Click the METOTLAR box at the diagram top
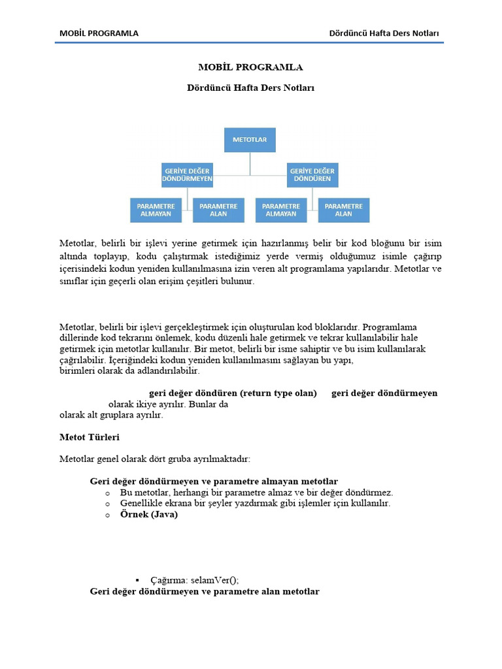(250, 140)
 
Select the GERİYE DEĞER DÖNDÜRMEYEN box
(187, 174)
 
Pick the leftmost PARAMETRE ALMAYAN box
(154, 209)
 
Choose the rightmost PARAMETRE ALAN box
(343, 209)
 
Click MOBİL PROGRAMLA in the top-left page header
(99, 33)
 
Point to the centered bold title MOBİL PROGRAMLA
(250, 67)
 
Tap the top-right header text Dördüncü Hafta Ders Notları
(384, 33)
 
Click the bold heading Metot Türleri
(90, 436)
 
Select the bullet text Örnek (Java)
(149, 515)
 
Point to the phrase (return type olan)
(278, 393)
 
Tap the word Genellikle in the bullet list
(143, 504)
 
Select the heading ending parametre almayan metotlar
(214, 481)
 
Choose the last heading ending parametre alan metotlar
(205, 592)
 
